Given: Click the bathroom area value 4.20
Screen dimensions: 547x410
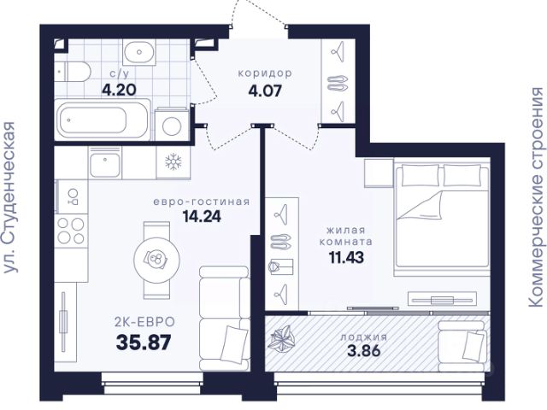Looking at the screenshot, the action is [x=119, y=90].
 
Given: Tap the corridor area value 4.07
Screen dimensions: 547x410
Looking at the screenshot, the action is [x=265, y=91].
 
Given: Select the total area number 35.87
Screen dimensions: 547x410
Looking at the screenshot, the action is [x=144, y=343].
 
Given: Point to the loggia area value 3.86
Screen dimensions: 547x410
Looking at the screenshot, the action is [x=364, y=350].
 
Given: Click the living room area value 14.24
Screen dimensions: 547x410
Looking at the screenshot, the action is [x=202, y=216].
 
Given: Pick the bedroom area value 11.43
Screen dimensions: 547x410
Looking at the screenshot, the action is [x=346, y=257].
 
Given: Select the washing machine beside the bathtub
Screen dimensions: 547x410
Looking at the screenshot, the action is [x=172, y=124].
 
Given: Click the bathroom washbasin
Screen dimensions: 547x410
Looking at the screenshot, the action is [x=139, y=52].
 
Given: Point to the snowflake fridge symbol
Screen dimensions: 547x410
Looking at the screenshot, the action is [x=174, y=162].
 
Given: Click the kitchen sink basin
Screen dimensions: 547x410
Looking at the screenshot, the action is [x=105, y=166].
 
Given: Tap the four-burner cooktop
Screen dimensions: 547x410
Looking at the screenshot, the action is [x=71, y=231].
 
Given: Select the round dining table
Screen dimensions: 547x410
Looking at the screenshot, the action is [x=157, y=259].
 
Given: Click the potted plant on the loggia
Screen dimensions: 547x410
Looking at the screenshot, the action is [x=283, y=337].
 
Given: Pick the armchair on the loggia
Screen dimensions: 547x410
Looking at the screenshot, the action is [x=463, y=346].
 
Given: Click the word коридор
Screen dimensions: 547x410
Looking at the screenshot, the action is [x=265, y=73].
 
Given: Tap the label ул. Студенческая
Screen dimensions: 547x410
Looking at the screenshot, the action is [x=9, y=197].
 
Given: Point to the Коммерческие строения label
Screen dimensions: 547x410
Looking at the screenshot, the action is [x=538, y=197].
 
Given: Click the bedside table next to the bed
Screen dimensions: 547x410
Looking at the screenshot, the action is [x=379, y=173].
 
